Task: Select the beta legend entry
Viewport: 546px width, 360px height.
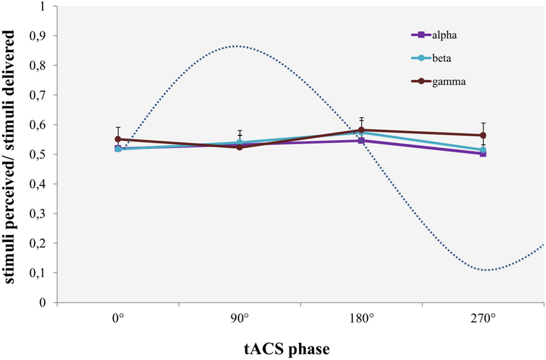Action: click(x=428, y=58)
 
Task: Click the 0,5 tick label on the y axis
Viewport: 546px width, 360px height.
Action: click(x=39, y=154)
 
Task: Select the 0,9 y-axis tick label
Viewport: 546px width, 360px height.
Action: click(x=39, y=36)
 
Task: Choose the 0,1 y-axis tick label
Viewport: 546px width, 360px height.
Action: click(x=39, y=273)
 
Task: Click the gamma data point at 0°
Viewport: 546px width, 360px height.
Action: click(x=118, y=139)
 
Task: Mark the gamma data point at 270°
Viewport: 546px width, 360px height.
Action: click(x=483, y=136)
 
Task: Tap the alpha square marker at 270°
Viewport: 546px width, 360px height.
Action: click(x=483, y=153)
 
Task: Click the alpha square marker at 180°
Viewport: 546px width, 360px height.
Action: click(x=361, y=141)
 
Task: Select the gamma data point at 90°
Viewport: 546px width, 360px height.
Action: click(x=239, y=147)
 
